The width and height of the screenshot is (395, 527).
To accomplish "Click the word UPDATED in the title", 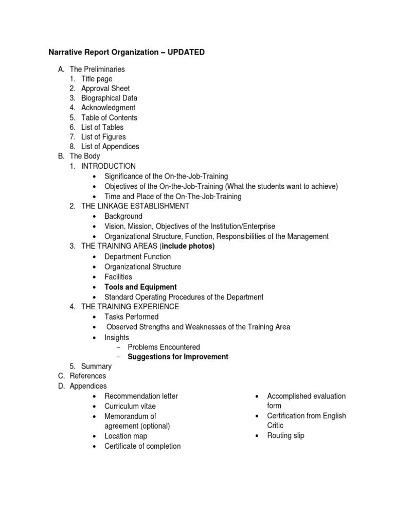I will (x=185, y=52).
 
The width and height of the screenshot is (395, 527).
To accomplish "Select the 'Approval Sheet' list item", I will (x=105, y=89).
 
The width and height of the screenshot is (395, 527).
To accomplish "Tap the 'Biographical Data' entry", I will (x=109, y=98).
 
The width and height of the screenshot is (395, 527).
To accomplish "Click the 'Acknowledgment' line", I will (x=108, y=108).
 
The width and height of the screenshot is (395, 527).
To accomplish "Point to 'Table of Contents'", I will (x=109, y=117).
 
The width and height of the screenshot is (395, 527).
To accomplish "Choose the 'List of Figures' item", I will (x=103, y=137).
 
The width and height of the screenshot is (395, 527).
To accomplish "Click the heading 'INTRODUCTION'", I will (x=109, y=166).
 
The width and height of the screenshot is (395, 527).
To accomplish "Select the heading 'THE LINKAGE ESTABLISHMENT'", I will (x=135, y=206).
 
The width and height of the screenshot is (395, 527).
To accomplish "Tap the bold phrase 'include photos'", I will (x=188, y=246).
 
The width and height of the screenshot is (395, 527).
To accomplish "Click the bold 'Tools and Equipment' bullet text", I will (x=140, y=287).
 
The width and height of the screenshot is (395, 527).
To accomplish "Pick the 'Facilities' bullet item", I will (x=118, y=276).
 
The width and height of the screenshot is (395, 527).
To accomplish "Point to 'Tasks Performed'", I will (x=131, y=317).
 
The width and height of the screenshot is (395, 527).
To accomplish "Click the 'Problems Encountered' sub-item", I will (x=164, y=347).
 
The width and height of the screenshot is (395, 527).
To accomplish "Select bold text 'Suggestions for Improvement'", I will (x=178, y=357).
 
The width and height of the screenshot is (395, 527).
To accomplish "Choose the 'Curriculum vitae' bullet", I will (x=130, y=406).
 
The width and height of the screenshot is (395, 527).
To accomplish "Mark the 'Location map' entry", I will (x=125, y=436).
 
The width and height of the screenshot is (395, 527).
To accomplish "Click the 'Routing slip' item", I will (x=285, y=435).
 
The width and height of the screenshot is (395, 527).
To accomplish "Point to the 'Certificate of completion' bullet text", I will (x=142, y=446).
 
